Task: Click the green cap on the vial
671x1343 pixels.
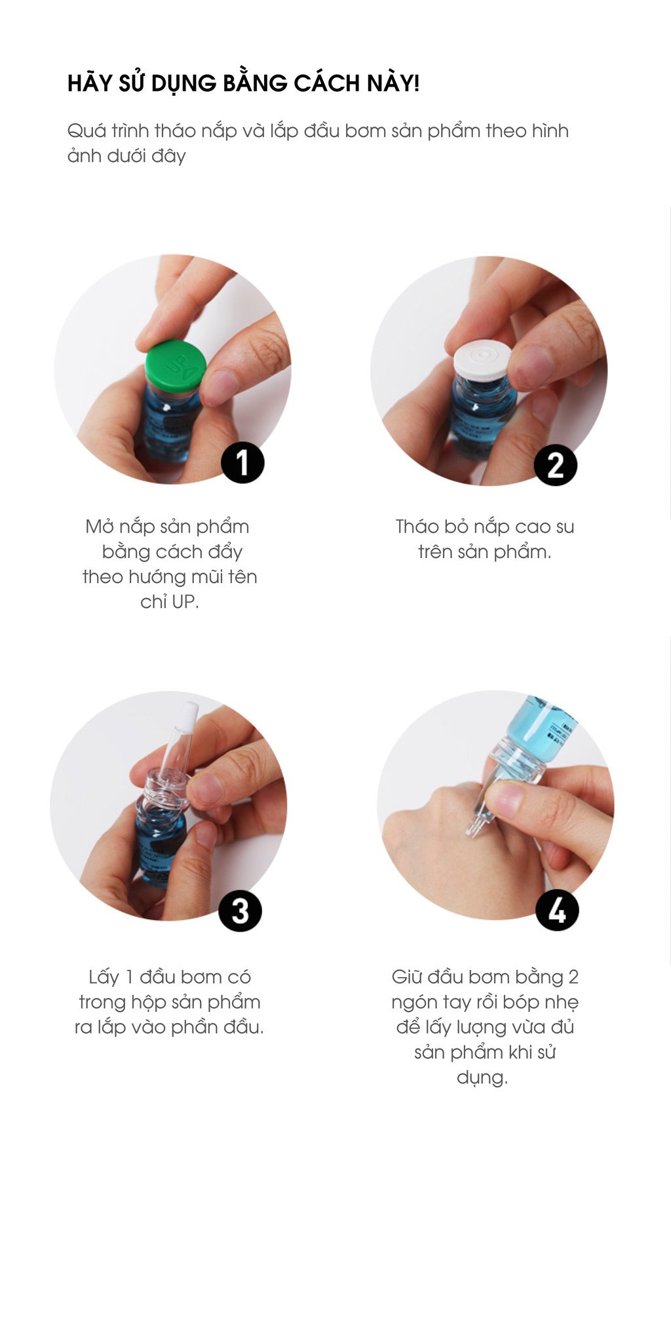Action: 176,367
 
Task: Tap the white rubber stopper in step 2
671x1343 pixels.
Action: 482,360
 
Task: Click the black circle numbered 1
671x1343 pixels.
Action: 242,462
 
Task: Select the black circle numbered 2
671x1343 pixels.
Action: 556,465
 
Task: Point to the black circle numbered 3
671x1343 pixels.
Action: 240,910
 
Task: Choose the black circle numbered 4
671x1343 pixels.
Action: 557,910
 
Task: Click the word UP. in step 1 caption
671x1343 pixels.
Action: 185,601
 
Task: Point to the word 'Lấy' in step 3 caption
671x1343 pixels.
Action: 104,978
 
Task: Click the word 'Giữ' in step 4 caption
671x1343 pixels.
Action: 406,976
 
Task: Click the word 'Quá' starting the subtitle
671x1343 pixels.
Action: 86,130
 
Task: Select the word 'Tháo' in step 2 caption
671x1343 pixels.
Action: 417,527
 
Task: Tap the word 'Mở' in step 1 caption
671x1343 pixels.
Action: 100,526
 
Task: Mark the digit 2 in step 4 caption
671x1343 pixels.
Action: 573,977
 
